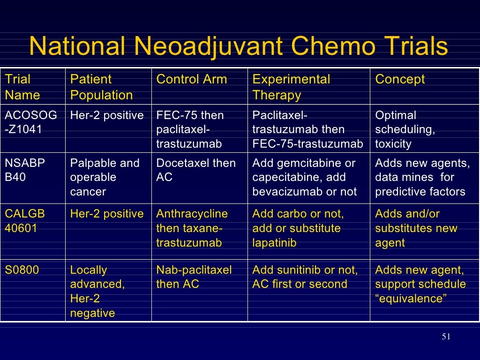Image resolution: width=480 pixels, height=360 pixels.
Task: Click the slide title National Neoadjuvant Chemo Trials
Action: tap(238, 47)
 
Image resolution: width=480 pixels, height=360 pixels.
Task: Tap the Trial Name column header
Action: tap(22, 87)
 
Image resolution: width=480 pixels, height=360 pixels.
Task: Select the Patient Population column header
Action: tap(101, 87)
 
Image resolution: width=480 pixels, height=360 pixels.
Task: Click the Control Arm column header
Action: tap(191, 79)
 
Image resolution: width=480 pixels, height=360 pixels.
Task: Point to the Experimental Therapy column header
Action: tap(291, 87)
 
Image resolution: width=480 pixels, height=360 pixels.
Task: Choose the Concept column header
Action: tap(400, 79)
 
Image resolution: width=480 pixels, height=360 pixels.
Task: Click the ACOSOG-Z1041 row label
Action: tap(31, 122)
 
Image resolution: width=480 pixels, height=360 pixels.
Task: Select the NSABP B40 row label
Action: tap(25, 170)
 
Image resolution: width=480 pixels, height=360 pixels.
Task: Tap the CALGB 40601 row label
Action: tap(25, 221)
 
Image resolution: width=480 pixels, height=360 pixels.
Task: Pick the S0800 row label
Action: tap(22, 270)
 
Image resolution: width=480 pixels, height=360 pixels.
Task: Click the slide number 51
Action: tap(446, 337)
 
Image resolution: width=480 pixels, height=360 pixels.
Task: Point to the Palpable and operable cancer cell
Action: tap(105, 177)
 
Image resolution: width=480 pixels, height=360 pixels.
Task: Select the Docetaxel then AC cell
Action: tap(196, 170)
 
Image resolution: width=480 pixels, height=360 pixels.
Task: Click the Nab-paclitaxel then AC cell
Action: tap(194, 277)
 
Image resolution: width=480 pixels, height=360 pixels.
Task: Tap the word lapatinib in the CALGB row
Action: tap(274, 243)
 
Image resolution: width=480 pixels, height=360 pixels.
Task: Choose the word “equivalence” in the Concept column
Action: tap(409, 299)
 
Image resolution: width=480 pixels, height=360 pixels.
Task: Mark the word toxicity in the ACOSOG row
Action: tap(393, 144)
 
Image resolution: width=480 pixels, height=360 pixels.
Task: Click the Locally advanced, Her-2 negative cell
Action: tap(97, 291)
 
